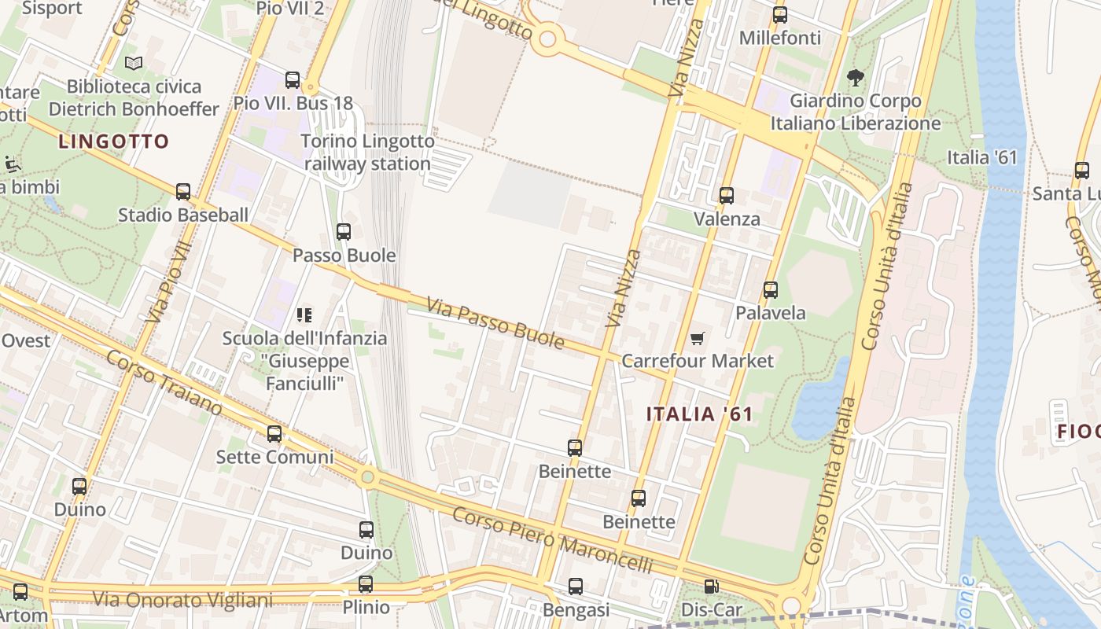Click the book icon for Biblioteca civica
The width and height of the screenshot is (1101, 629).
[134, 63]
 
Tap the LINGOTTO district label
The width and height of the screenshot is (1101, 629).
[114, 142]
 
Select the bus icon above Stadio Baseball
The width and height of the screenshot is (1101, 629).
[183, 191]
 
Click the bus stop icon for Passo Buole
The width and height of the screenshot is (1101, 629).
[344, 232]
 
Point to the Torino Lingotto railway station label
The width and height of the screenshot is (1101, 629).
[368, 153]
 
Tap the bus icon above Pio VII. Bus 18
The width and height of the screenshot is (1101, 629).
[293, 79]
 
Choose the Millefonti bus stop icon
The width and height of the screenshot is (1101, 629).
[780, 14]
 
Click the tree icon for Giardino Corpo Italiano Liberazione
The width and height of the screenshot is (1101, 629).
[855, 77]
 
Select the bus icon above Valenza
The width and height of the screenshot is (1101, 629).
[727, 195]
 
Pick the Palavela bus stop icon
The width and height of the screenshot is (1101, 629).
[771, 289]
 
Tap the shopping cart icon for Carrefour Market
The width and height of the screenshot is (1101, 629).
[697, 338]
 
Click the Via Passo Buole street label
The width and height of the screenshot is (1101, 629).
[495, 322]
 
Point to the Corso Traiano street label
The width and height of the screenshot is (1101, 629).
[164, 382]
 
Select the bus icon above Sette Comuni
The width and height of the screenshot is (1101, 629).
[274, 433]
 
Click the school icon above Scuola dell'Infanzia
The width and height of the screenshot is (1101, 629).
[304, 315]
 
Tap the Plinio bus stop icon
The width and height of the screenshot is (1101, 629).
[366, 584]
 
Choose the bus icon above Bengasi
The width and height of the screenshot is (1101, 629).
[576, 587]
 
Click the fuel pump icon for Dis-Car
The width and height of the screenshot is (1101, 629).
[711, 586]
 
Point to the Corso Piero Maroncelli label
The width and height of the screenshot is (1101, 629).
[553, 540]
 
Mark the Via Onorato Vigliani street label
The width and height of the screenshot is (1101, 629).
[182, 600]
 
